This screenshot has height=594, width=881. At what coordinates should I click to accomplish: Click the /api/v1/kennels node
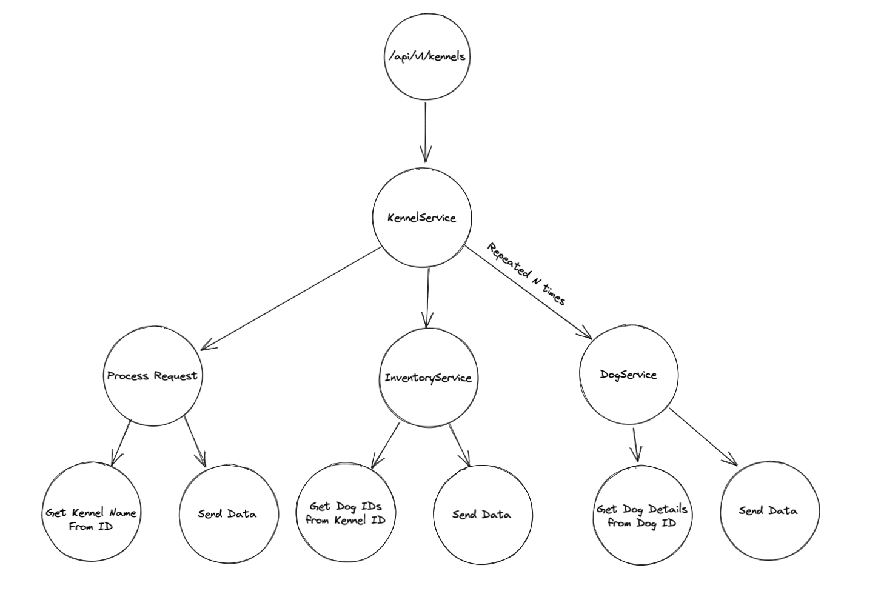click(427, 57)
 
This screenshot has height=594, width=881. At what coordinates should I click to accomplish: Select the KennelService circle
click(422, 218)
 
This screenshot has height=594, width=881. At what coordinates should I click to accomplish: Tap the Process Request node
click(152, 376)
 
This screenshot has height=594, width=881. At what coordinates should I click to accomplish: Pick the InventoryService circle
click(428, 378)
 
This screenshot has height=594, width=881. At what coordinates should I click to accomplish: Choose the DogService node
click(629, 375)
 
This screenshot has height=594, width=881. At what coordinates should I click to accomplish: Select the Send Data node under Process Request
click(228, 514)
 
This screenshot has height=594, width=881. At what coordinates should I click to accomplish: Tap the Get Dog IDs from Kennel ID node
click(346, 513)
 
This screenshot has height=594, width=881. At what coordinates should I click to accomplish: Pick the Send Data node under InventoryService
click(482, 515)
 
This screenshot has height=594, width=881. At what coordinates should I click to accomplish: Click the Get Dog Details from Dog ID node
click(642, 515)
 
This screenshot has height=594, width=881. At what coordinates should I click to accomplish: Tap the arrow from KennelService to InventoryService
click(428, 297)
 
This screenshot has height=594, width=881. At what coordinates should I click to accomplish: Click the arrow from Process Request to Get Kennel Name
click(121, 442)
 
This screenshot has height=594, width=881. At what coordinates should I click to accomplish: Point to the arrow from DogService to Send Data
click(703, 438)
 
